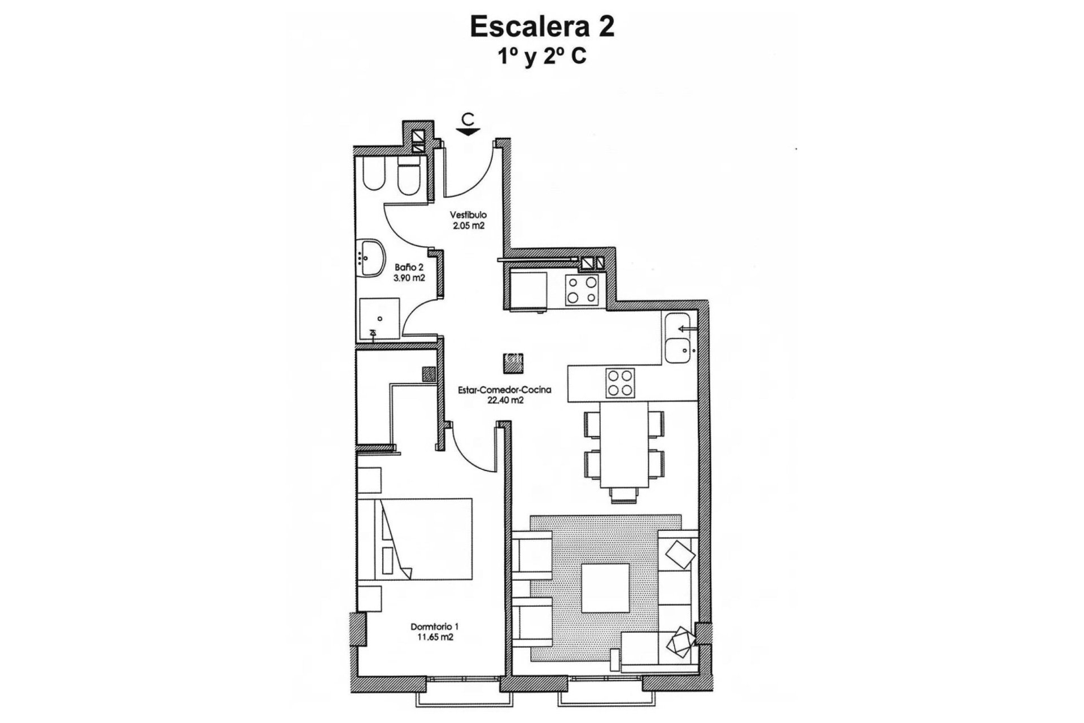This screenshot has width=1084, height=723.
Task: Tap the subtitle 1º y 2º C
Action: click(x=542, y=57)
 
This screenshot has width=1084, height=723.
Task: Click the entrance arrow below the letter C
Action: click(x=468, y=132)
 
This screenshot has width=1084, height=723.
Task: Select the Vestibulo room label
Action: click(x=468, y=215)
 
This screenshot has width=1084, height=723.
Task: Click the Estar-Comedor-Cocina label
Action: click(x=505, y=390)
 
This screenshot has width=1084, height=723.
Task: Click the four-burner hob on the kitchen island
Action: click(x=619, y=382)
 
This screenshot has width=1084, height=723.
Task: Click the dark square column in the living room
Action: click(x=514, y=363)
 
